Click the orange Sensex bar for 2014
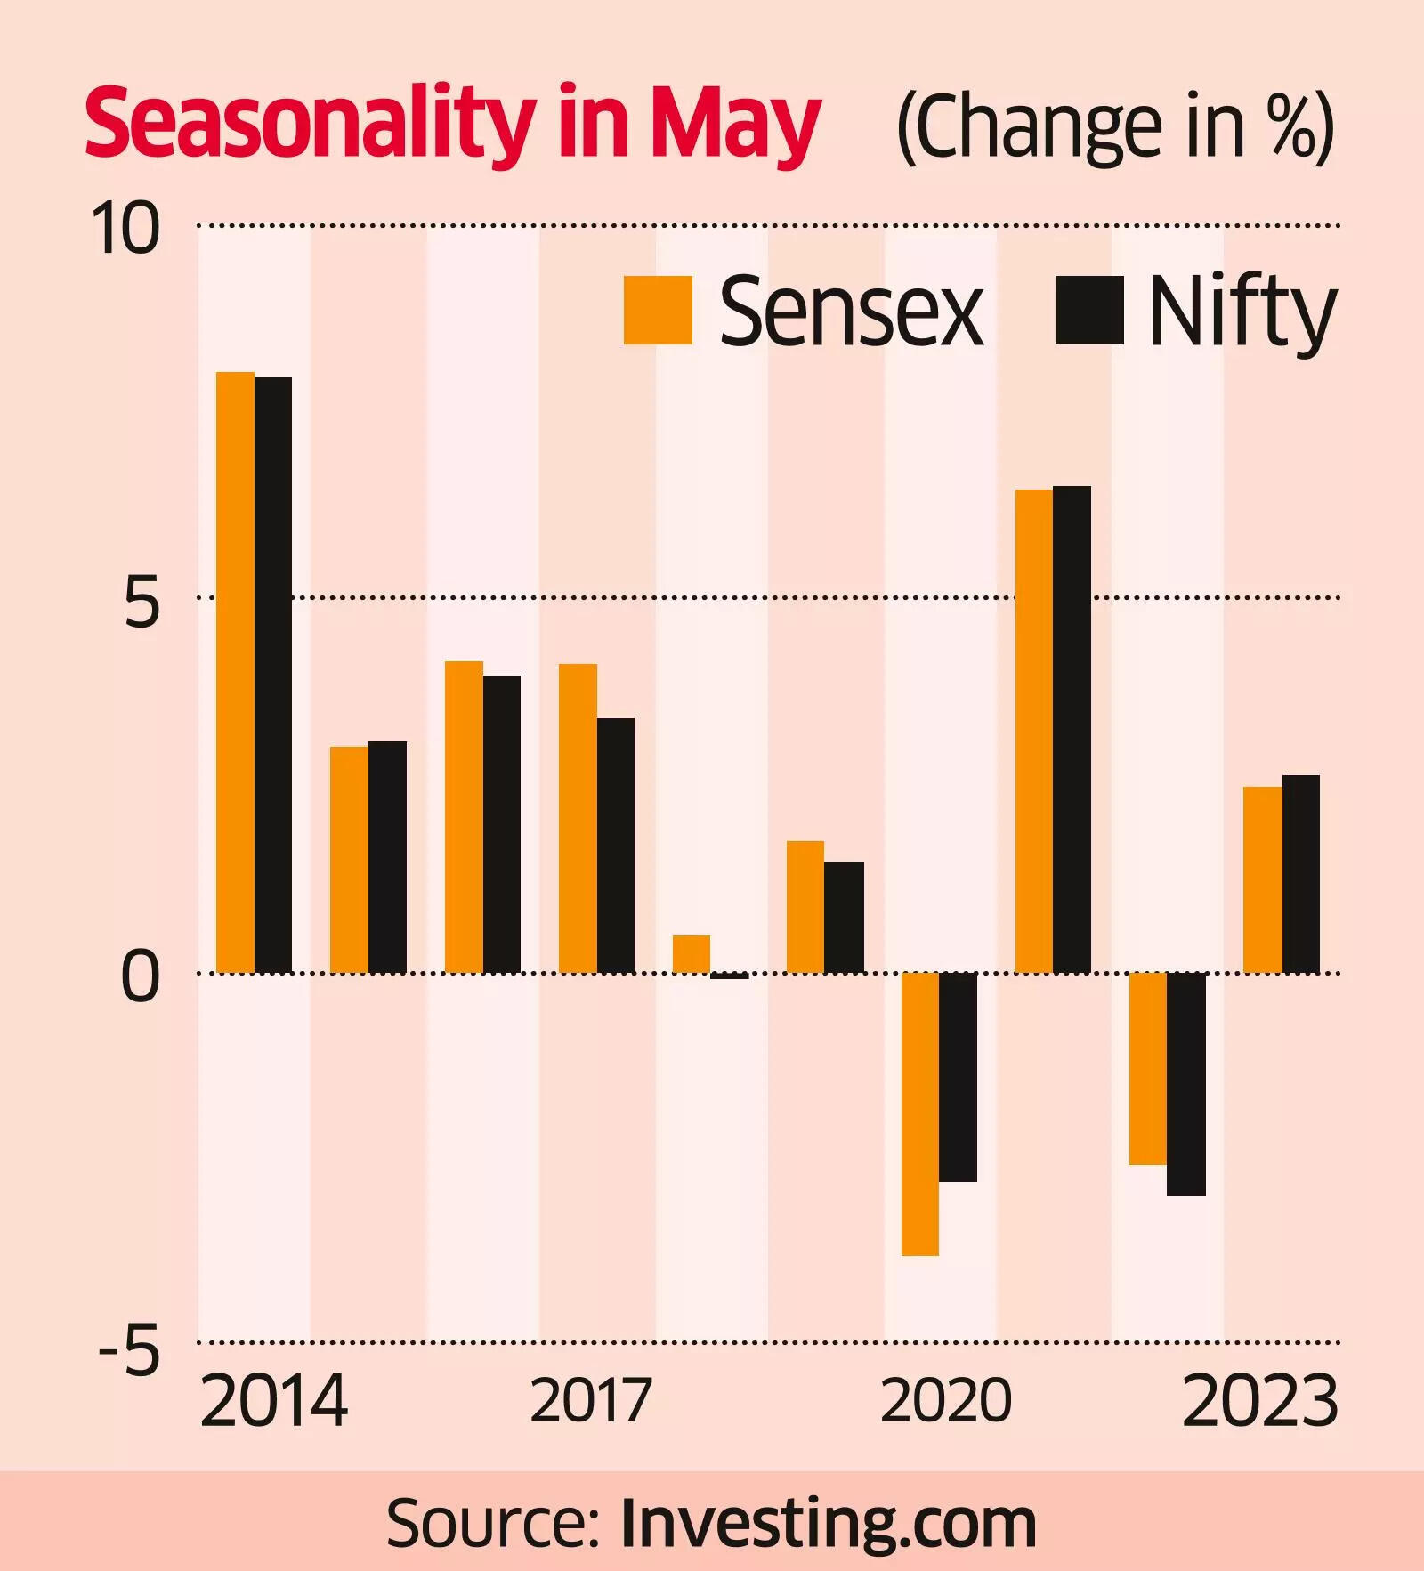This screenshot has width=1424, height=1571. point(236,672)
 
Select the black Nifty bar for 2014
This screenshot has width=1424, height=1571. point(273,675)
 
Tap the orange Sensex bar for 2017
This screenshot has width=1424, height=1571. point(578,818)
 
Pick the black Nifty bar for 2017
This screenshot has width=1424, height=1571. point(616,845)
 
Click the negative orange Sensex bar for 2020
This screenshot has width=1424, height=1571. point(920,1113)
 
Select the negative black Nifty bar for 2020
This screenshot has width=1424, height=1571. point(958,1077)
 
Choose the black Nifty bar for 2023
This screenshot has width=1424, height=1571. point(1300,874)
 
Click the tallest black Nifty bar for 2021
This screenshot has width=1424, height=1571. point(1072,729)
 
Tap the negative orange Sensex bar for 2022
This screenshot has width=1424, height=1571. point(1148,1068)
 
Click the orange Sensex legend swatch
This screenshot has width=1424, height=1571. point(658,310)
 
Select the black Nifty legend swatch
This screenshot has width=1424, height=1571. point(1089,310)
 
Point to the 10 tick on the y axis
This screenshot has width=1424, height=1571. point(125,228)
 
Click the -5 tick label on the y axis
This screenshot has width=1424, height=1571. point(130,1349)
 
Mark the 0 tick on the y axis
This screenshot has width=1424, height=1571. point(141,976)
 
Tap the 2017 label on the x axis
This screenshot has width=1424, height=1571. point(591,1400)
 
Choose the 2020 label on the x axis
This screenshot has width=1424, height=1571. point(946,1400)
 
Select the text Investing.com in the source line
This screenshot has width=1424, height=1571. point(829,1523)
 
